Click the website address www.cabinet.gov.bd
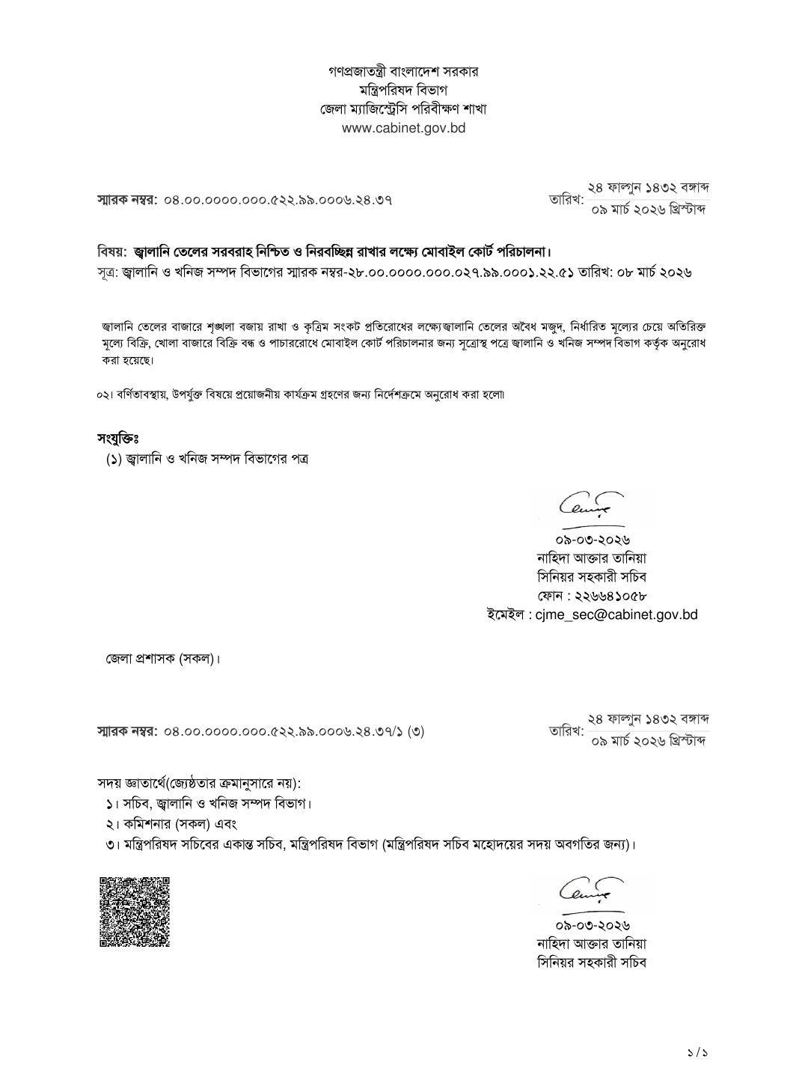pyautogui.click(x=403, y=128)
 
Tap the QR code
pyautogui.click(x=135, y=911)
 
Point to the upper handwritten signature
pyautogui.click(x=591, y=507)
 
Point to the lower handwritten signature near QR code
pyautogui.click(x=591, y=890)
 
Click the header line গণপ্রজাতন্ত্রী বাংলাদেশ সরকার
pyautogui.click(x=403, y=72)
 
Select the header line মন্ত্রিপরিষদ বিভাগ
pyautogui.click(x=403, y=91)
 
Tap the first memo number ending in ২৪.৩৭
pyautogui.click(x=278, y=200)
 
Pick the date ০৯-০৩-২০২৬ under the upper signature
pyautogui.click(x=591, y=540)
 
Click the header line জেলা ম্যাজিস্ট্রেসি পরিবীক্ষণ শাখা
pyautogui.click(x=403, y=109)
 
